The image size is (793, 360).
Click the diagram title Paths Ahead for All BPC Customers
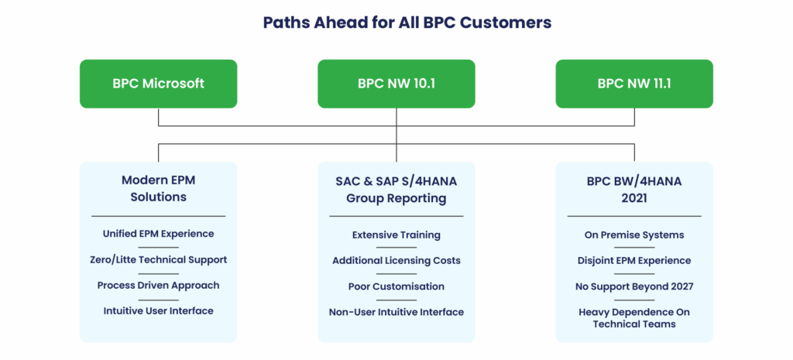click(x=407, y=22)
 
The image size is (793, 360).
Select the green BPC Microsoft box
click(x=158, y=84)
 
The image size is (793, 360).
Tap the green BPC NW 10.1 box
click(x=396, y=84)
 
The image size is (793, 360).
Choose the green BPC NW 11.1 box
click(x=634, y=84)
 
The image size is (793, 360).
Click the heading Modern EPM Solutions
click(x=158, y=189)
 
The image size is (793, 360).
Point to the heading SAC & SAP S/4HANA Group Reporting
click(x=396, y=190)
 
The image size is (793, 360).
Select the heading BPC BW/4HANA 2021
click(x=634, y=190)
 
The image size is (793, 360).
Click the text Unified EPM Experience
click(x=158, y=234)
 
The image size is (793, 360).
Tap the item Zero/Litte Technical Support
click(x=158, y=259)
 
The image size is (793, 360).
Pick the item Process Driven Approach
click(x=158, y=285)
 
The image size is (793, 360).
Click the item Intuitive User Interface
click(x=158, y=310)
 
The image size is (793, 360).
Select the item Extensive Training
click(x=396, y=235)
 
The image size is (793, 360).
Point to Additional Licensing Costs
click(x=396, y=260)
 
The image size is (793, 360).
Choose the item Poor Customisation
click(x=396, y=286)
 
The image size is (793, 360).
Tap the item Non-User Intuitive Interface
click(x=396, y=312)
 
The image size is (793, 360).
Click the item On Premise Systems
click(x=634, y=235)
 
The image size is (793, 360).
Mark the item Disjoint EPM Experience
click(x=634, y=260)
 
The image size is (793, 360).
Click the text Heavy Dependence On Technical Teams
click(x=634, y=318)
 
